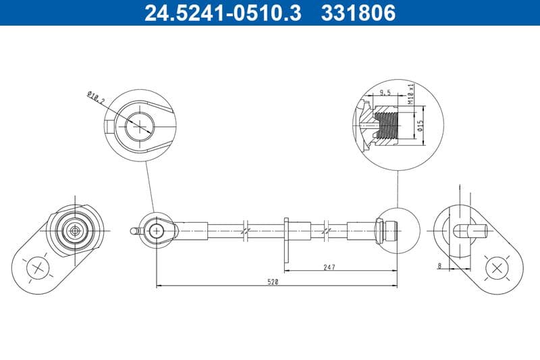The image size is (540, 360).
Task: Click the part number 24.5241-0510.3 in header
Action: (223, 13)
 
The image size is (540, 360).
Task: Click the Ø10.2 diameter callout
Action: (97, 99)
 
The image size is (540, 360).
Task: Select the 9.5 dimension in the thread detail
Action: (385, 93)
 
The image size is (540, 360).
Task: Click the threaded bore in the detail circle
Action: (386, 125)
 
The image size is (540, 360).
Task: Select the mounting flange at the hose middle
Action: (288, 240)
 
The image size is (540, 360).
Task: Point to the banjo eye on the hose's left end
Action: (157, 230)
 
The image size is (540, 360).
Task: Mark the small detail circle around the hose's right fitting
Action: (396, 230)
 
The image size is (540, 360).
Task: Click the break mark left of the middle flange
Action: (246, 230)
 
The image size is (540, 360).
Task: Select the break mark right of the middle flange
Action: (327, 230)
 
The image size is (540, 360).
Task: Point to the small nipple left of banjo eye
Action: (134, 231)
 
